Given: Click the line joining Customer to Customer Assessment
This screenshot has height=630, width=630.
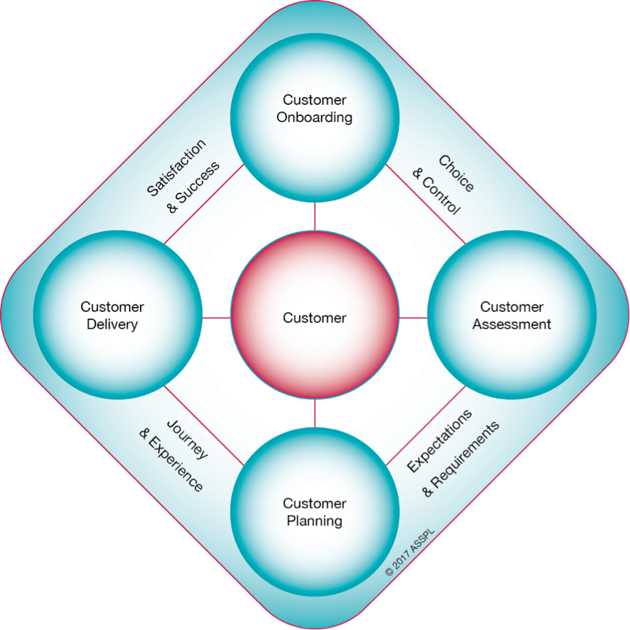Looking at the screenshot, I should point(413,317).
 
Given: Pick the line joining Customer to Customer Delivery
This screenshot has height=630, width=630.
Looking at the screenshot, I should point(217,317).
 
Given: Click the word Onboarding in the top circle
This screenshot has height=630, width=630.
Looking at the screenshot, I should point(315,117).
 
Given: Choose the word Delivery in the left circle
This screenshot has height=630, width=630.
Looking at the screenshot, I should point(112,324).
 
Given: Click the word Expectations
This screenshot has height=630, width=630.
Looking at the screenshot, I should point(440,440).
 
